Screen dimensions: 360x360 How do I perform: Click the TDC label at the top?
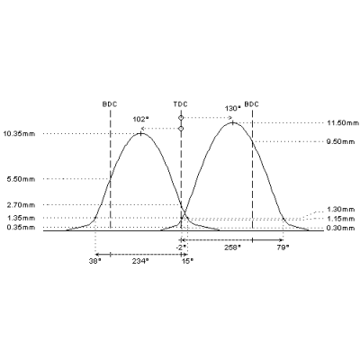click(180, 104)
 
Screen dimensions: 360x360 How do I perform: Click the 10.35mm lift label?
click(19, 134)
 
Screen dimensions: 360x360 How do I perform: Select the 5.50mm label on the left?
click(21, 179)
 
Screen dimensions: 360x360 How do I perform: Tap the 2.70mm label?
click(21, 205)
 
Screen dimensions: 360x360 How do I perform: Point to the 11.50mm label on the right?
click(343, 122)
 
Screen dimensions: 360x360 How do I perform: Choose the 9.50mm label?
click(341, 141)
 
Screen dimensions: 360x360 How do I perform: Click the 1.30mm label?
click(341, 210)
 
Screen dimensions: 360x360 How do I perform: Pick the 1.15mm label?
click(341, 219)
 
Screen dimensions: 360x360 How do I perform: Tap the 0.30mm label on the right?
click(341, 229)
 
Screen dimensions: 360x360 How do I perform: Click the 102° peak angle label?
click(141, 119)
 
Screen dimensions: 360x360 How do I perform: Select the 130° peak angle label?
click(233, 108)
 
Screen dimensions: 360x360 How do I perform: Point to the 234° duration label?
click(140, 261)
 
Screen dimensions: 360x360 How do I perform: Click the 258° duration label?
click(233, 247)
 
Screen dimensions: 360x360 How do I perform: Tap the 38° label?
click(94, 261)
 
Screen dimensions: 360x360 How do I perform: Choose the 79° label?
click(283, 247)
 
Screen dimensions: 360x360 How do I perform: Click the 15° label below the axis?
click(187, 261)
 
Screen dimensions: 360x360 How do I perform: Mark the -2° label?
click(181, 247)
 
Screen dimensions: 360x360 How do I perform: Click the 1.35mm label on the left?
click(21, 218)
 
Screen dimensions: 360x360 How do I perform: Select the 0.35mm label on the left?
click(21, 228)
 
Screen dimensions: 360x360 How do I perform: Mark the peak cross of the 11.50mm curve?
click(233, 122)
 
